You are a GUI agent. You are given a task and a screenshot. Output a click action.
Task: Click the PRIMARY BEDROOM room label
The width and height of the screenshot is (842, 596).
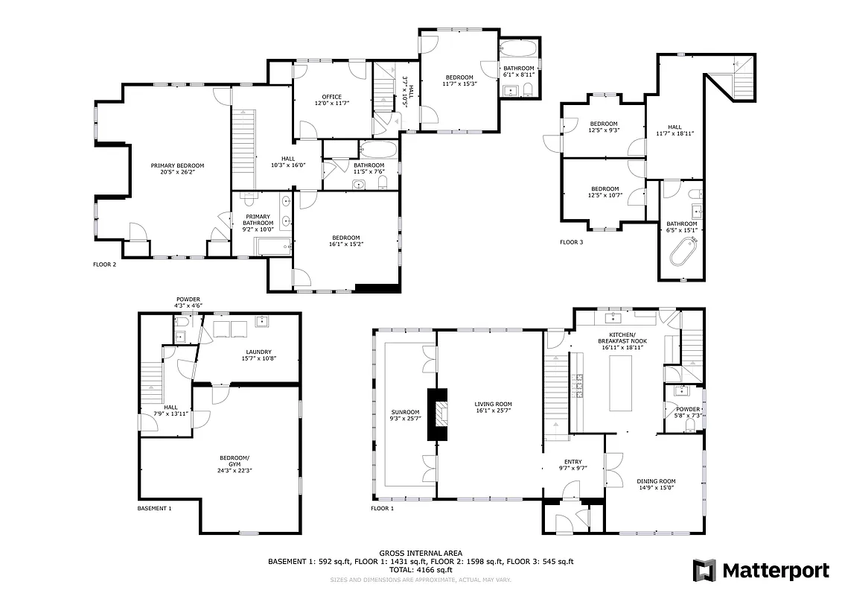(177, 166)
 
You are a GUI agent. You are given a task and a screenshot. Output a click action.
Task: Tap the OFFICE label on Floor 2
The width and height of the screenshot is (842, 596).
(331, 97)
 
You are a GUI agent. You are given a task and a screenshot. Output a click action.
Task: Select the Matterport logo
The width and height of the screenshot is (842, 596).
(761, 571)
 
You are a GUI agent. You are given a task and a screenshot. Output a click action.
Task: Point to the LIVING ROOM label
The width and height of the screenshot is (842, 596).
(493, 405)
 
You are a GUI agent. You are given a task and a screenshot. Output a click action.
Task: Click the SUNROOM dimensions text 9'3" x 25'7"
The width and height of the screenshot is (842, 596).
(406, 419)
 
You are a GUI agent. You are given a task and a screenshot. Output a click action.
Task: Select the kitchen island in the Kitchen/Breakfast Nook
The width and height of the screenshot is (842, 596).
(620, 383)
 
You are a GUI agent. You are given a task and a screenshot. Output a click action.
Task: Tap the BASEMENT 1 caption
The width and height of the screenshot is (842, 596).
(154, 508)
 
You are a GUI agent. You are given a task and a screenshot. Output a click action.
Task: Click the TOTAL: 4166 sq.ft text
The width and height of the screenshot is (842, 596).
(421, 569)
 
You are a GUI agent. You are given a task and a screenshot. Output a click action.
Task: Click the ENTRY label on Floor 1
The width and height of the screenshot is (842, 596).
(573, 461)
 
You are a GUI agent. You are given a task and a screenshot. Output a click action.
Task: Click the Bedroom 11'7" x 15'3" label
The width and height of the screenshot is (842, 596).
(459, 77)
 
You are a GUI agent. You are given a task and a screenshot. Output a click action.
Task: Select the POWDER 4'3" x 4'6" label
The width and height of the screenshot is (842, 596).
(188, 299)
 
